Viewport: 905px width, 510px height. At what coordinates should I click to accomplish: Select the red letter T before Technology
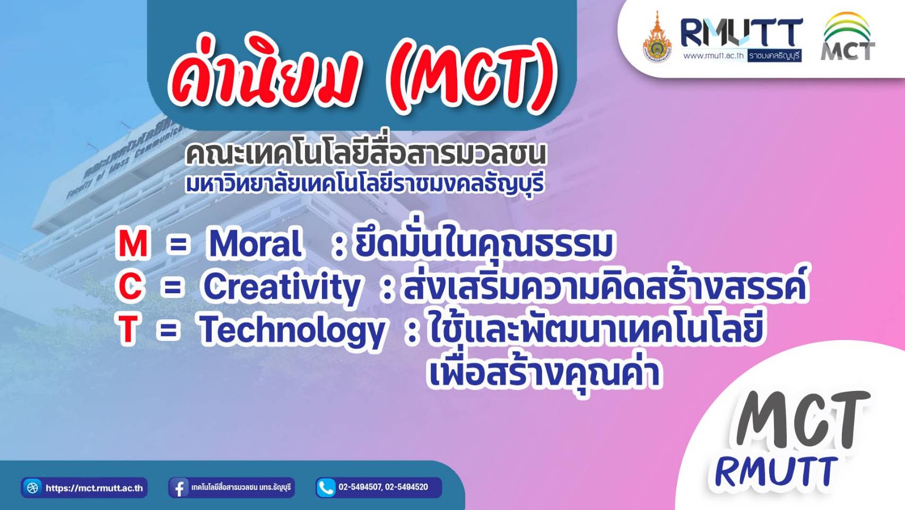tap(128, 329)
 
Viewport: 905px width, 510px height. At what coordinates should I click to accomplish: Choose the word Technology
tap(291, 331)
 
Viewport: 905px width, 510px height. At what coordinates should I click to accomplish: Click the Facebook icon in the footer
tap(179, 487)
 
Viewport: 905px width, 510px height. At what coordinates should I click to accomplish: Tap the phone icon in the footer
tap(326, 487)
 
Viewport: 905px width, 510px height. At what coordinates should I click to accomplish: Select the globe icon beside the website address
tap(32, 487)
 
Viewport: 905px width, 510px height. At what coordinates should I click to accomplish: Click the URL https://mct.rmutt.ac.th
tap(94, 488)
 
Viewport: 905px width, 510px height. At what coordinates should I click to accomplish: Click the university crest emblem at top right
tap(657, 38)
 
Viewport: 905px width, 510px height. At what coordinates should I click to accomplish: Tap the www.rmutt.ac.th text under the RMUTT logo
tap(713, 56)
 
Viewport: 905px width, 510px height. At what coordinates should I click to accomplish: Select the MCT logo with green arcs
tap(848, 37)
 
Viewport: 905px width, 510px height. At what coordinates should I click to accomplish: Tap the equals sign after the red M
tap(178, 245)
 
